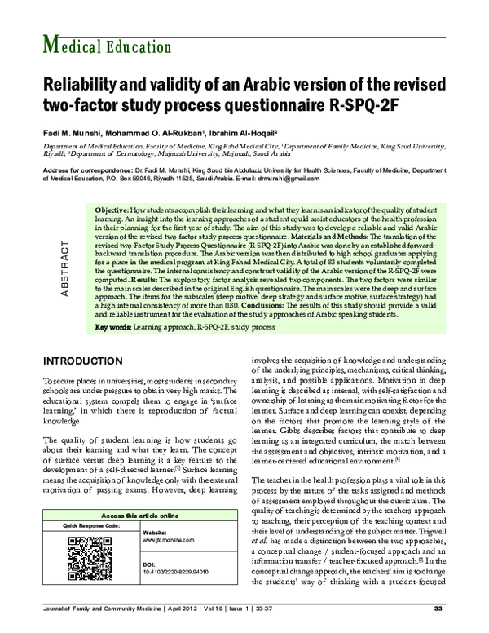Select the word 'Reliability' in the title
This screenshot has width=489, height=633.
coord(80,84)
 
